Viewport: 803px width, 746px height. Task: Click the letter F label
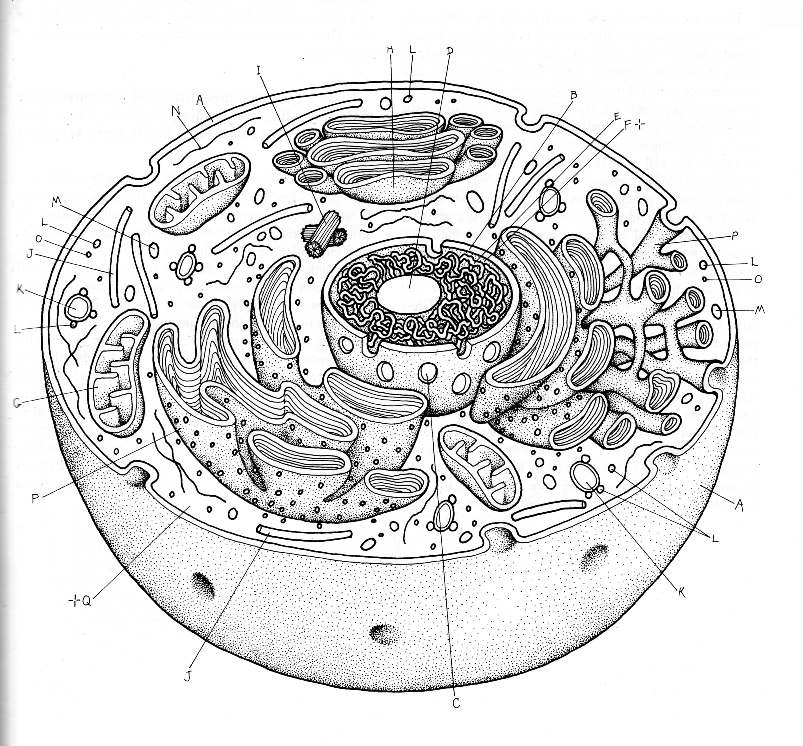click(x=628, y=126)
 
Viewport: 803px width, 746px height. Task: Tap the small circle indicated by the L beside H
click(x=408, y=98)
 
